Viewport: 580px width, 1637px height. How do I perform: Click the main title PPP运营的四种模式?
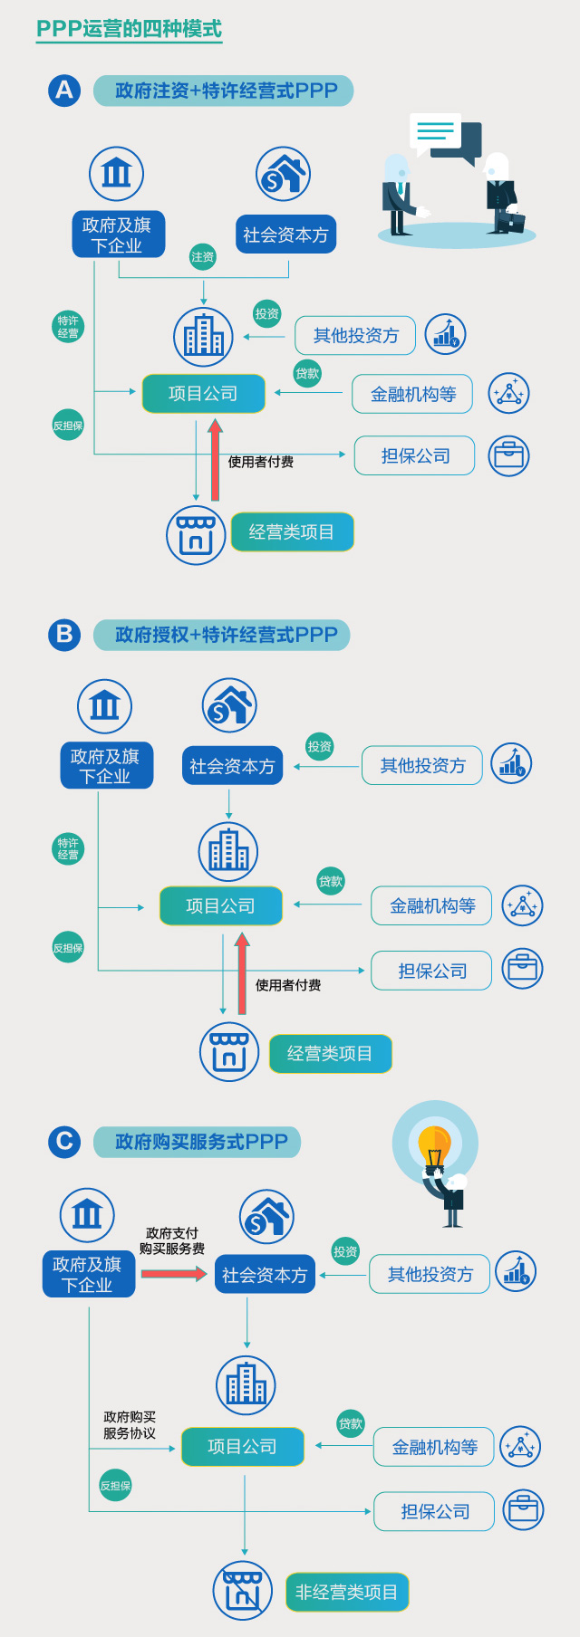pyautogui.click(x=129, y=29)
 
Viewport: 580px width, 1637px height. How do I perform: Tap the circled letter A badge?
pyautogui.click(x=64, y=91)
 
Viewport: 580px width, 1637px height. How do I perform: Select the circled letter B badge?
pyautogui.click(x=64, y=635)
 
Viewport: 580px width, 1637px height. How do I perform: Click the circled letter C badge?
pyautogui.click(x=64, y=1142)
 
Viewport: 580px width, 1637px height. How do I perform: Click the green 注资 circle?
pyautogui.click(x=203, y=257)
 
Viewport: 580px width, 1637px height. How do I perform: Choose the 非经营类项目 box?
pyautogui.click(x=347, y=1592)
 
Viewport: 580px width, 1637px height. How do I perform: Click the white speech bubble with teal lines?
pyautogui.click(x=435, y=132)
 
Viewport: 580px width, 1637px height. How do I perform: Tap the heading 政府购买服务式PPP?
pyautogui.click(x=201, y=1142)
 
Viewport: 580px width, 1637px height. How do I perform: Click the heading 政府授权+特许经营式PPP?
pyautogui.click(x=227, y=635)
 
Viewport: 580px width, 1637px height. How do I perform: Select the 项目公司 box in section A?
pyautogui.click(x=204, y=394)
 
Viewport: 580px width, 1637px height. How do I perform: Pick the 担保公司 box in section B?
pyautogui.click(x=432, y=971)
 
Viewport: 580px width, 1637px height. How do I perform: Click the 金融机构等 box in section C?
pyautogui.click(x=434, y=1447)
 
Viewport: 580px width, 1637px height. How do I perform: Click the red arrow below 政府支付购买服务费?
pyautogui.click(x=174, y=1274)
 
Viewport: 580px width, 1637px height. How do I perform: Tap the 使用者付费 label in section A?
pyautogui.click(x=261, y=462)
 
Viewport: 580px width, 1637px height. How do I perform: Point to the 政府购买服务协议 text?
pyautogui.click(x=130, y=1425)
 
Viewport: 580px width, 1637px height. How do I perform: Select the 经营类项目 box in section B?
pyautogui.click(x=331, y=1054)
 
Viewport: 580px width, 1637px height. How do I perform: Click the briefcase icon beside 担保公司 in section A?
pyautogui.click(x=509, y=456)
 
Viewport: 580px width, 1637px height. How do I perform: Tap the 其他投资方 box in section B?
pyautogui.click(x=422, y=766)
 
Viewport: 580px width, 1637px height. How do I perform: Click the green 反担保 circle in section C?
pyautogui.click(x=116, y=1486)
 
